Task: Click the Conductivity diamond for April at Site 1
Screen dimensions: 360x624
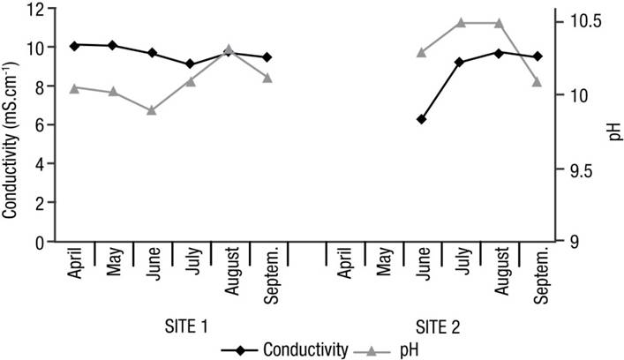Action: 74,45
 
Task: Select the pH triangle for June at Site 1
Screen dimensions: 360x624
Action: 152,110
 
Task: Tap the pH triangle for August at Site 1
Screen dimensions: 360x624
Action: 229,49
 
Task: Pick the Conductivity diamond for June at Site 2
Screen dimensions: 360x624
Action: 422,119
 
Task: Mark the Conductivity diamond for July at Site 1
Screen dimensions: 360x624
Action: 190,64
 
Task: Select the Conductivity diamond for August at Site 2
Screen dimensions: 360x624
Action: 499,53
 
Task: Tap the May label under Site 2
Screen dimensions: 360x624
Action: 383,264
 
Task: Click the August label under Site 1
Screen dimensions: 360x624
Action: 229,270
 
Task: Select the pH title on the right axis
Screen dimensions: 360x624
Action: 614,133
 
